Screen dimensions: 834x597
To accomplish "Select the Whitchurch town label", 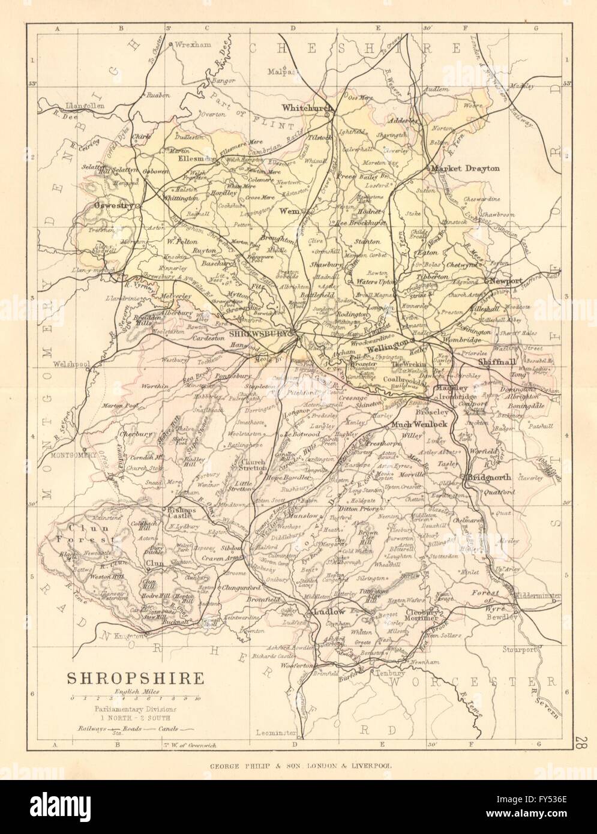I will (x=307, y=107).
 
